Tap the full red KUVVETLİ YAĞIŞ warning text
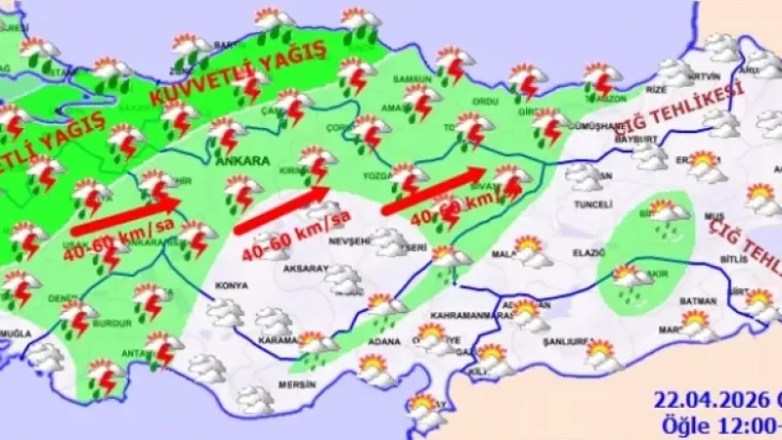pos(236,77)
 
